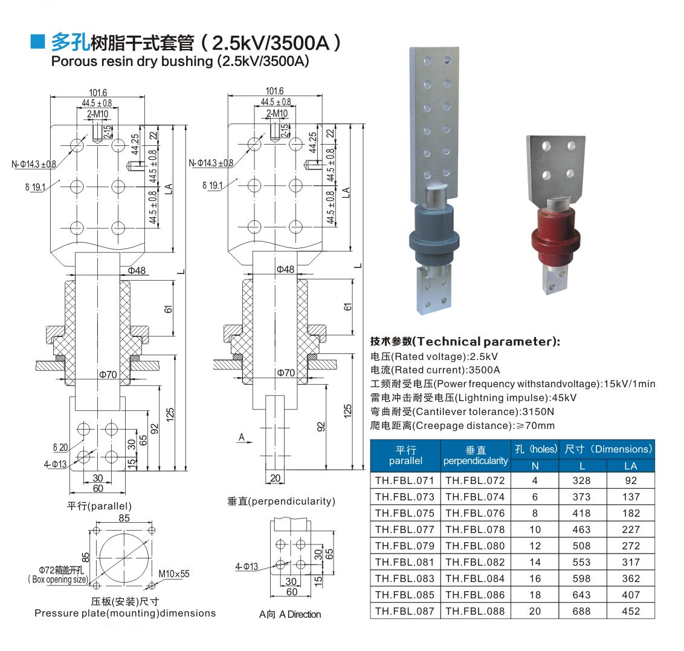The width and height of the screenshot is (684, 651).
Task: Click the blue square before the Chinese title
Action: click(x=37, y=42)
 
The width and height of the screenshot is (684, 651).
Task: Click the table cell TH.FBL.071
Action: click(x=405, y=480)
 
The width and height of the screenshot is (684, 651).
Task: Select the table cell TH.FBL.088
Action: click(x=475, y=611)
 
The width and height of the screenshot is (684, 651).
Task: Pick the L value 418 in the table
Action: click(x=581, y=513)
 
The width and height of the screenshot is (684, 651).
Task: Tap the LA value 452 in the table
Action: click(x=631, y=611)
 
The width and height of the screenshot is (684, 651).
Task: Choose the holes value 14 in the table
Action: click(x=535, y=562)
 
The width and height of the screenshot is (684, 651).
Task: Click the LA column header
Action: click(x=631, y=466)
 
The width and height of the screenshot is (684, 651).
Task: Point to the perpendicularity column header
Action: click(x=476, y=456)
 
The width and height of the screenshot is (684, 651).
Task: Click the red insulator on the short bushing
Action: click(x=555, y=235)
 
